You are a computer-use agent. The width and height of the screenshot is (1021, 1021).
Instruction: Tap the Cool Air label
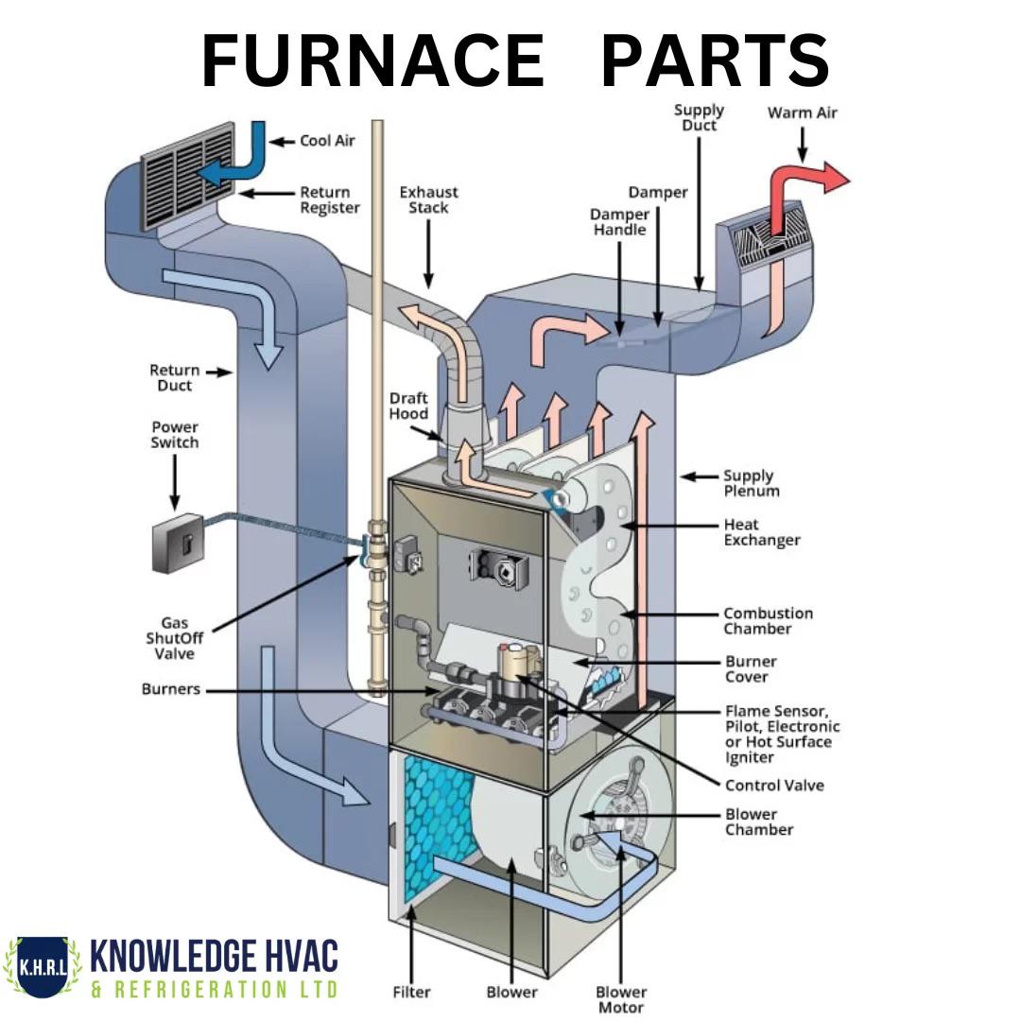[x=327, y=141]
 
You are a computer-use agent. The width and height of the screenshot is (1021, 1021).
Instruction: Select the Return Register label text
[x=330, y=199]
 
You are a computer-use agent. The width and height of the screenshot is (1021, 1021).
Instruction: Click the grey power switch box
[x=178, y=543]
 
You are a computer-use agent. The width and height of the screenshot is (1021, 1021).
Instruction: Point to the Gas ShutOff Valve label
[x=175, y=639]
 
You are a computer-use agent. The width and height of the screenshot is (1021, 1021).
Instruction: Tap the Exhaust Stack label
[x=428, y=199]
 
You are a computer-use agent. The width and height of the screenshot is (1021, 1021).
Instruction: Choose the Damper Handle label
[x=620, y=222]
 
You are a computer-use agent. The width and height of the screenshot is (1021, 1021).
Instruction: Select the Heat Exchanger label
[x=762, y=532]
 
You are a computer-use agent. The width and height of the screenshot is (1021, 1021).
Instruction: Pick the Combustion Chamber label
[x=768, y=621]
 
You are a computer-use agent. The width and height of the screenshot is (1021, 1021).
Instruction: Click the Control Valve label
[x=774, y=786]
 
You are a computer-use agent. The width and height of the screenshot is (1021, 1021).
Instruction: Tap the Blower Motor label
[x=621, y=999]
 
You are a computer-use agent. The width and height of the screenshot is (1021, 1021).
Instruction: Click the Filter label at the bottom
[x=411, y=992]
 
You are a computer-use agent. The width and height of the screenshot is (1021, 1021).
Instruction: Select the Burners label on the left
[x=171, y=689]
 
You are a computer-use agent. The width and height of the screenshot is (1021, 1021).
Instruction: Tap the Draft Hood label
[x=408, y=406]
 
